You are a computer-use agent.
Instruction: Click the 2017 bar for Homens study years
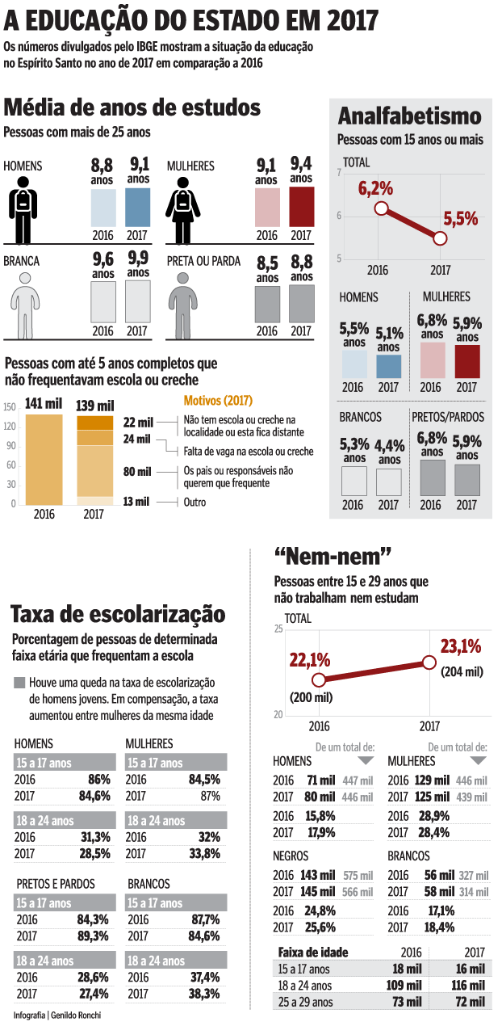click(x=137, y=206)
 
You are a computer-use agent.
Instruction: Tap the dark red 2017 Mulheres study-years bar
click(x=301, y=206)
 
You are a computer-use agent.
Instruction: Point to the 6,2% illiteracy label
click(x=375, y=189)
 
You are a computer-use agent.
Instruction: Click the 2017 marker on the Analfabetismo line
click(x=440, y=238)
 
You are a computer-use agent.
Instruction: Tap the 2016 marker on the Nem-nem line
click(x=319, y=679)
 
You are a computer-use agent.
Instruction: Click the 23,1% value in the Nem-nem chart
click(x=460, y=646)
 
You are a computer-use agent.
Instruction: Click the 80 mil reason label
click(x=138, y=471)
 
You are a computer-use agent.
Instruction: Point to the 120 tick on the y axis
click(x=10, y=426)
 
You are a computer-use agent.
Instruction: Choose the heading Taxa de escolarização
click(x=118, y=614)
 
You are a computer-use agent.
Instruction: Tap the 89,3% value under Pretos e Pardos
click(x=93, y=936)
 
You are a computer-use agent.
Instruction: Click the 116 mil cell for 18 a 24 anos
click(x=468, y=986)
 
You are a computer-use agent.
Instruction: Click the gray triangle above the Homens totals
click(x=366, y=761)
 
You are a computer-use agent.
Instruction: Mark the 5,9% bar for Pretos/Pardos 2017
click(x=467, y=479)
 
